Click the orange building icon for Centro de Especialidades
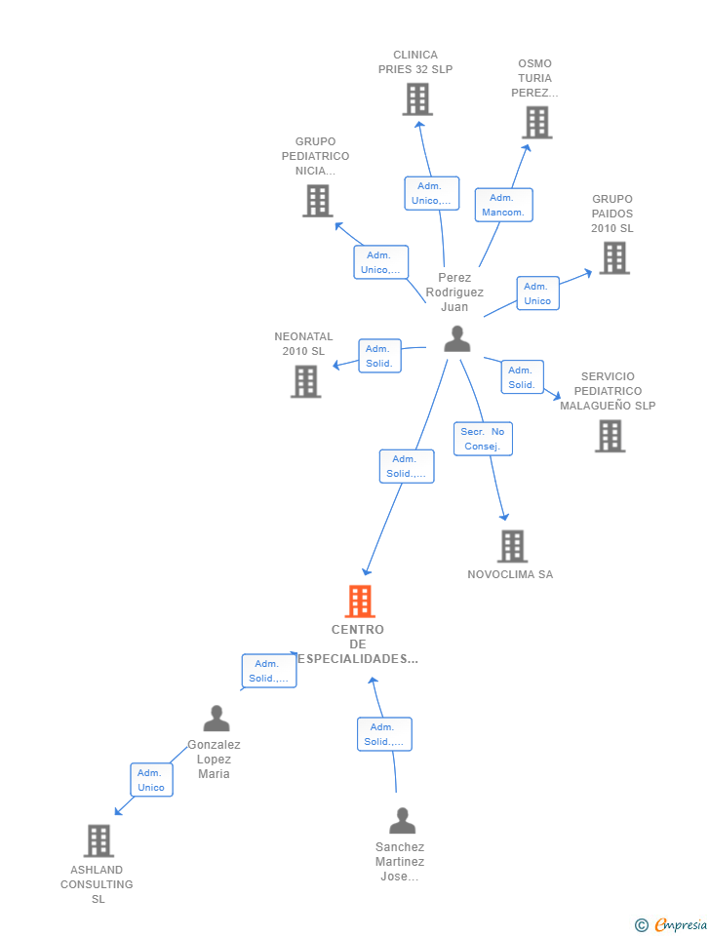(360, 602)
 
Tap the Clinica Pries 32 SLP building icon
(416, 99)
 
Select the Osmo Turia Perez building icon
(536, 123)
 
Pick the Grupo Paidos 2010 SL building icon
(613, 258)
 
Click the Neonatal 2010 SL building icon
(305, 381)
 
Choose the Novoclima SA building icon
(512, 547)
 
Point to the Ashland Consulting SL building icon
(99, 840)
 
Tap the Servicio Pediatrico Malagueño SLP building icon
(610, 436)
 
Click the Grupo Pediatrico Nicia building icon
(317, 201)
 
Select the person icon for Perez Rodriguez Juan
(456, 339)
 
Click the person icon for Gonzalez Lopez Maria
(216, 719)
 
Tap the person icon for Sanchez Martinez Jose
(402, 821)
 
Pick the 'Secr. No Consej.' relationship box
(483, 439)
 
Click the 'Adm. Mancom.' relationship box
(503, 205)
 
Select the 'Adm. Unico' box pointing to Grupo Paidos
(537, 293)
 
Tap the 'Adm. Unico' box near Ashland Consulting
(151, 780)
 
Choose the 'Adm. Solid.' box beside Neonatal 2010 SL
(378, 356)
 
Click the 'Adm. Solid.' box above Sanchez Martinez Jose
(384, 734)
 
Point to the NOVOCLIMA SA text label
(510, 574)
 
